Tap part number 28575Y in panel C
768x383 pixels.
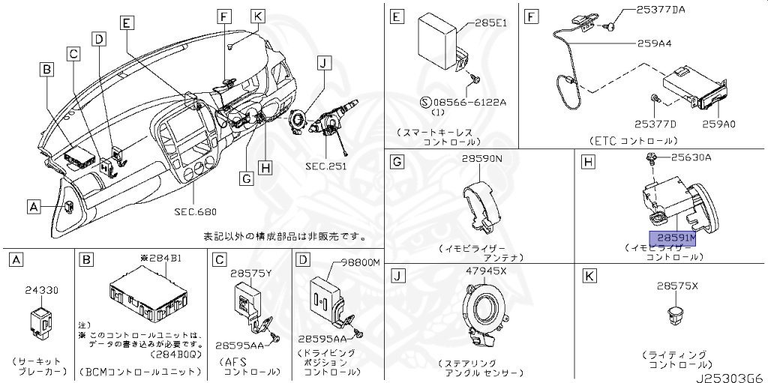coord(250,274)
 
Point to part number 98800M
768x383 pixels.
coord(361,262)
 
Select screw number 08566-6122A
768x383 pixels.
coord(464,102)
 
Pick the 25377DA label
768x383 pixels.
coord(661,10)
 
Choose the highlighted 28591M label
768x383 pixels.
coord(678,238)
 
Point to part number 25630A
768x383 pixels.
coord(691,157)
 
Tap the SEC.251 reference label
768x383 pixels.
coord(325,166)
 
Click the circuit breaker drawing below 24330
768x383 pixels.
coord(38,319)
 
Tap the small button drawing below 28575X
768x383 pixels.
coord(676,313)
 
